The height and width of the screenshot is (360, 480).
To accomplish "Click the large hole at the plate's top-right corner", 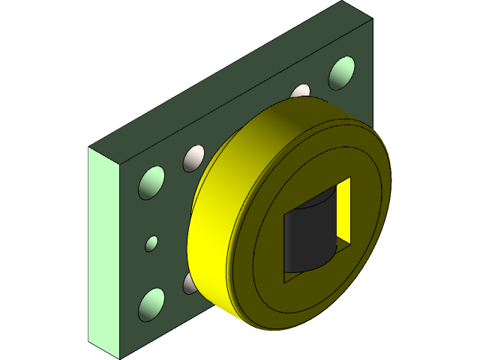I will click(342, 72).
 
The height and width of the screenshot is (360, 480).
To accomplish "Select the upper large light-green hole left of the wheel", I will click(151, 183).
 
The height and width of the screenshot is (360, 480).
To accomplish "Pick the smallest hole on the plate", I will click(151, 243).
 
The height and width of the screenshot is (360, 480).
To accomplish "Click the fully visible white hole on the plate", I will click(193, 158).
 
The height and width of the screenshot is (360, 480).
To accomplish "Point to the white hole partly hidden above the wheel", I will click(300, 91).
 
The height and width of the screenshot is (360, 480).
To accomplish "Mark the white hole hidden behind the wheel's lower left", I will click(188, 283).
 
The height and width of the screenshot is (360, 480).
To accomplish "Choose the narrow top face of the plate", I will click(225, 75).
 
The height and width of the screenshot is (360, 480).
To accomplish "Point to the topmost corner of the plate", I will click(343, 1).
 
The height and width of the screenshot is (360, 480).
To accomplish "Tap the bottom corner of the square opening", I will click(285, 283).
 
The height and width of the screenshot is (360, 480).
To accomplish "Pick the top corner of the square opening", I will click(350, 177).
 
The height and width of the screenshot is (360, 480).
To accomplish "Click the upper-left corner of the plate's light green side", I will click(88, 147).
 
